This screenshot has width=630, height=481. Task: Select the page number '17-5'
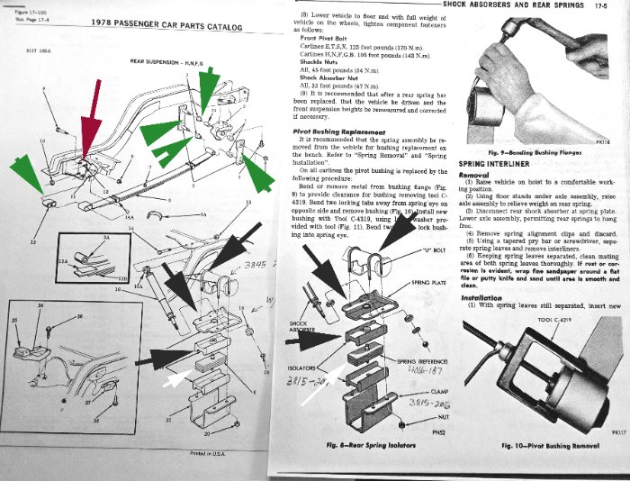coord(616,5)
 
